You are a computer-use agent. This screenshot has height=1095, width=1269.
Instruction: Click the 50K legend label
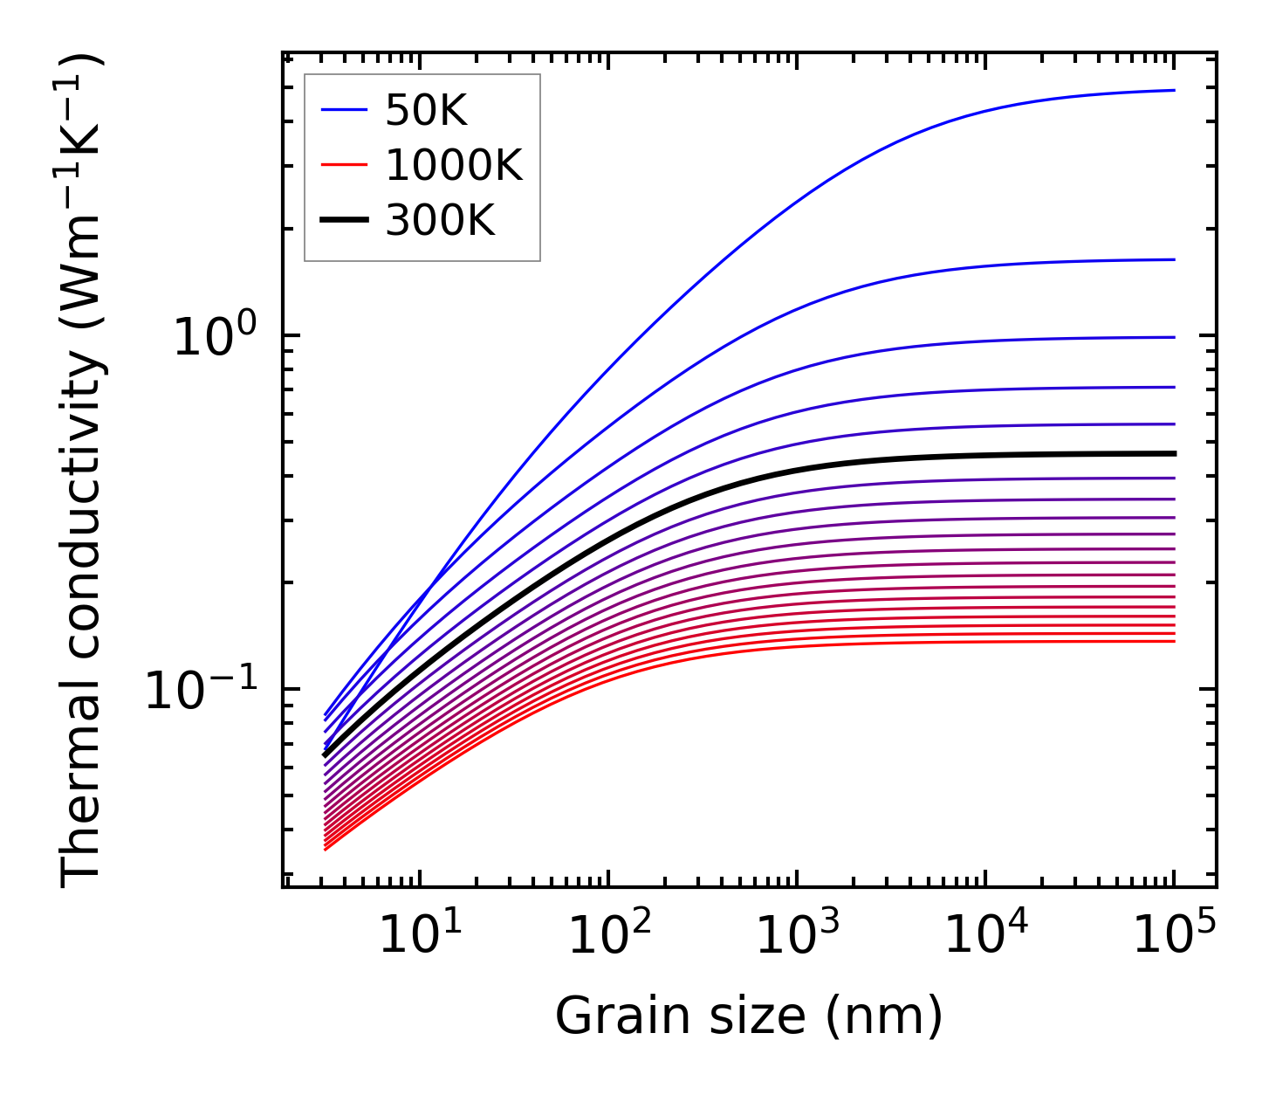click(x=427, y=111)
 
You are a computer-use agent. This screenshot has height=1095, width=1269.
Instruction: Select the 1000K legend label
click(x=454, y=166)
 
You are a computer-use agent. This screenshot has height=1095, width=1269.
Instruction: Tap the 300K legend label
click(x=440, y=222)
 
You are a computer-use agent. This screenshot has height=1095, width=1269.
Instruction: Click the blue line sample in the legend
click(x=346, y=111)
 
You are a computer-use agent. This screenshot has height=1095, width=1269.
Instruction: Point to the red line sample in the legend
click(x=346, y=166)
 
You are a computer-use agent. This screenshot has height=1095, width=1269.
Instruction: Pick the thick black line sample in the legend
click(x=346, y=222)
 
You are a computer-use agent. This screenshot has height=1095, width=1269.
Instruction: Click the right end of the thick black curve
click(x=1174, y=453)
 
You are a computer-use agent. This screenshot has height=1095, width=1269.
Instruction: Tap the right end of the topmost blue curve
click(x=1174, y=90)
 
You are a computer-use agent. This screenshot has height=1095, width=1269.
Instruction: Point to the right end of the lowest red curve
click(x=1174, y=642)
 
